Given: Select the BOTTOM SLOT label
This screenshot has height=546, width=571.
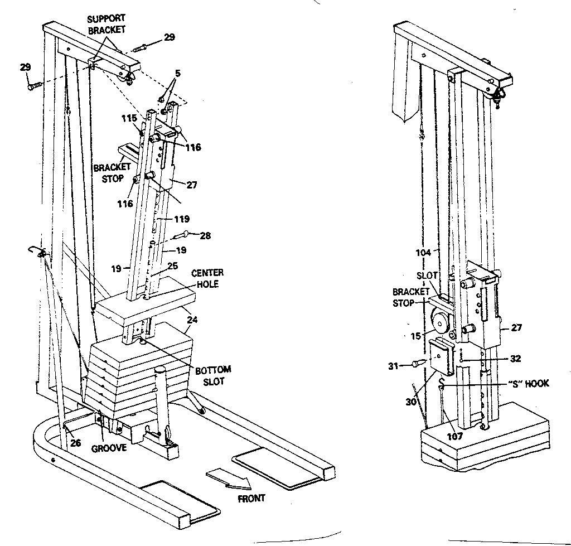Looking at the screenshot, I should pyautogui.click(x=213, y=375).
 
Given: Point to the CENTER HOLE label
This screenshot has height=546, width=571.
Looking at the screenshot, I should pyautogui.click(x=207, y=278).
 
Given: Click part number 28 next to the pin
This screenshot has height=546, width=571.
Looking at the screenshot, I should pyautogui.click(x=205, y=236).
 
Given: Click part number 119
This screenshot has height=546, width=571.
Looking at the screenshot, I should pyautogui.click(x=182, y=219).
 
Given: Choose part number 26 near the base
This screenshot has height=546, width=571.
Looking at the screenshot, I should pyautogui.click(x=75, y=443).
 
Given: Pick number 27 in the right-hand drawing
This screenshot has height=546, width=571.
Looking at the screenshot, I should pyautogui.click(x=516, y=328).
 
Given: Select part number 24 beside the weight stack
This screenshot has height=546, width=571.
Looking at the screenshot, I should pyautogui.click(x=191, y=320).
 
